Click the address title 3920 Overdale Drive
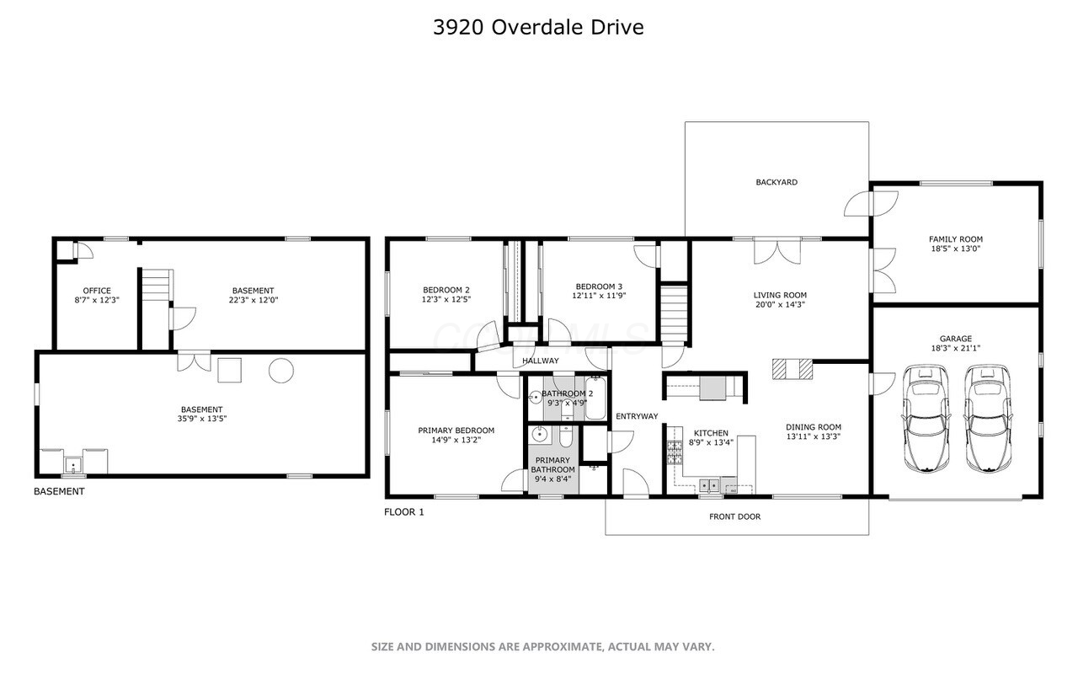[538, 28]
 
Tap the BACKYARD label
[776, 182]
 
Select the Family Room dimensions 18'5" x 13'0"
[955, 249]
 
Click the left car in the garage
[926, 418]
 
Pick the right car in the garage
[988, 418]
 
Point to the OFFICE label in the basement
[97, 291]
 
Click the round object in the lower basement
[281, 371]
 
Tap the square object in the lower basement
[230, 370]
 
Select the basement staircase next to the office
[157, 286]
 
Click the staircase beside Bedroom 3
[675, 313]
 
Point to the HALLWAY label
[541, 361]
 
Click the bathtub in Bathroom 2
[595, 399]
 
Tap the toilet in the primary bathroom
[566, 436]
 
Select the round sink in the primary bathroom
[540, 434]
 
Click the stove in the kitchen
[675, 452]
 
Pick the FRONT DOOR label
[735, 516]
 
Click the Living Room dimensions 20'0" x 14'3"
[780, 304]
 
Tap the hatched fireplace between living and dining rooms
[792, 369]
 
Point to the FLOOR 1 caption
[403, 511]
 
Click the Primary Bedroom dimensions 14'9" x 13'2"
[456, 440]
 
